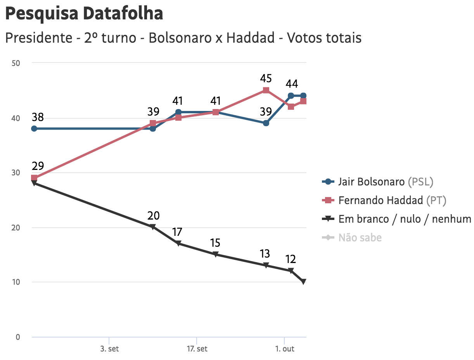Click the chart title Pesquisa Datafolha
pyautogui.click(x=84, y=14)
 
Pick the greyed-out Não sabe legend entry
pyautogui.click(x=360, y=237)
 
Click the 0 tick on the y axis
pyautogui.click(x=17, y=337)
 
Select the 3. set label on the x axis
pyautogui.click(x=109, y=349)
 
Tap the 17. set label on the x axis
pyautogui.click(x=197, y=349)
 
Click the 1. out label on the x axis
pyautogui.click(x=285, y=349)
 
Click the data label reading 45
pyautogui.click(x=266, y=79)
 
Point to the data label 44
pyautogui.click(x=292, y=84)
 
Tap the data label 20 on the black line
pyautogui.click(x=153, y=216)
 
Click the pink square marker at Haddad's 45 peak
pyautogui.click(x=266, y=90)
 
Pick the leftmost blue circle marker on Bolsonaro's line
pyautogui.click(x=34, y=128)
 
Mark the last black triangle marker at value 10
pyautogui.click(x=303, y=282)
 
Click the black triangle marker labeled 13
pyautogui.click(x=266, y=265)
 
